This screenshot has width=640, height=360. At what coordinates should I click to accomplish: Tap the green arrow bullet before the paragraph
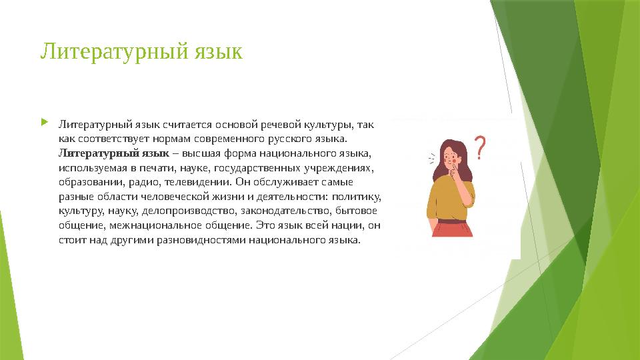pyautogui.click(x=44, y=123)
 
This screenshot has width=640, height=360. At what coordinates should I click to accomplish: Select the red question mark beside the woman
pyautogui.click(x=479, y=147)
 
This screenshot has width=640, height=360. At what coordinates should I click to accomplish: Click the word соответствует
pyautogui.click(x=112, y=139)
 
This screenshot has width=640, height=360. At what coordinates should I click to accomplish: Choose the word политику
pyautogui.click(x=355, y=196)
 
